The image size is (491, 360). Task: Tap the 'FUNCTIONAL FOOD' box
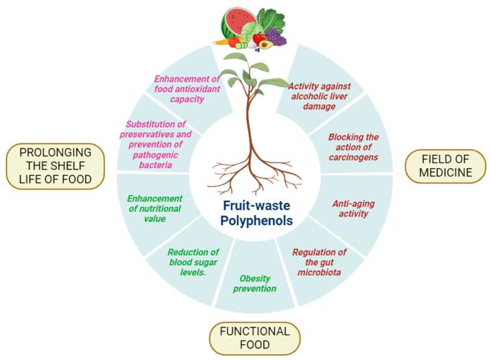[254, 338]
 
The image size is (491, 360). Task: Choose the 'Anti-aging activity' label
[350, 208]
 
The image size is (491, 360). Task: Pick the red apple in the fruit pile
[259, 37]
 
